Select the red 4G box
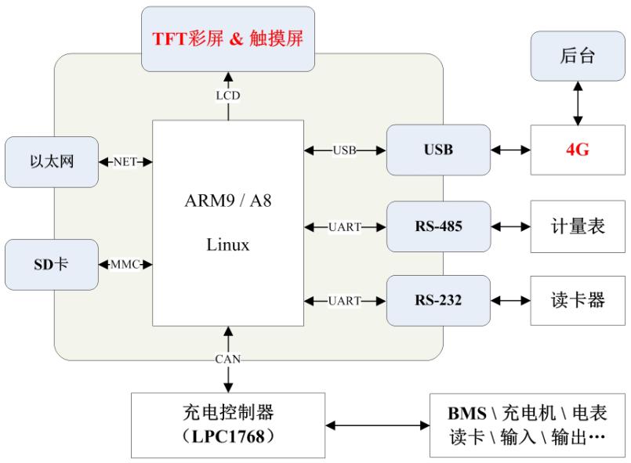pos(578,149)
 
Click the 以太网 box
pos(52,162)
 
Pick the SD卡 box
pos(52,264)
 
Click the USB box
pos(437,149)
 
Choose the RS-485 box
pos(437,227)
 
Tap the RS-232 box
pos(437,300)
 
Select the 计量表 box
pos(578,227)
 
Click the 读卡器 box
pos(578,300)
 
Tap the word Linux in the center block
pos(228,245)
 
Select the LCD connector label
pos(229,96)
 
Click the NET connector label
pos(125,162)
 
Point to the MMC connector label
pos(125,264)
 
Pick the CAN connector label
pos(229,359)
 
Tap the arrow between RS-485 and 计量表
pos(510,227)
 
